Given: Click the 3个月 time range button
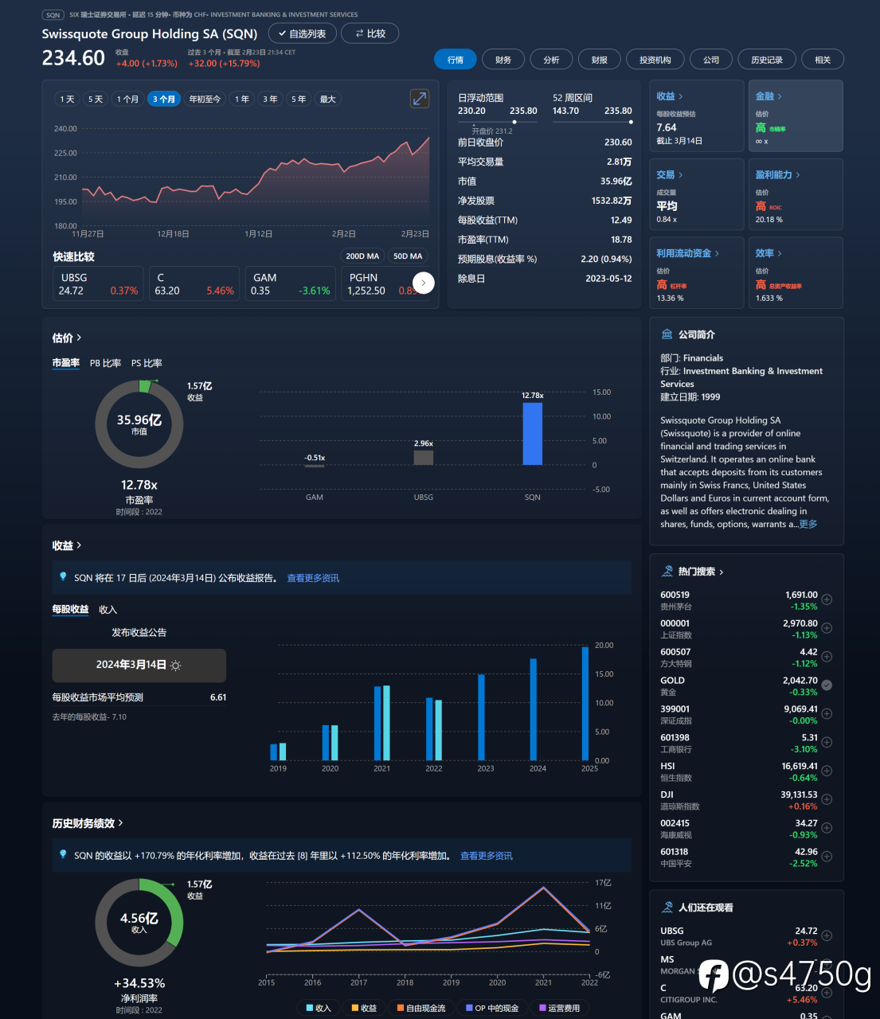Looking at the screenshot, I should point(164,100).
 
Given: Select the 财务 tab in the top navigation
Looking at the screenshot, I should point(503,60).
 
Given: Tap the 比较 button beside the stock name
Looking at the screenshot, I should point(370,33).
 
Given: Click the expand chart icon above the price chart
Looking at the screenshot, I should point(419,99).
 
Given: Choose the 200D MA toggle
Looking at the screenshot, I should point(362,256).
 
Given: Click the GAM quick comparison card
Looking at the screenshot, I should point(290,284).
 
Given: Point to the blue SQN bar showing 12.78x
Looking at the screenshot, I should point(532,433).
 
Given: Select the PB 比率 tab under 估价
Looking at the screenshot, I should point(105,363).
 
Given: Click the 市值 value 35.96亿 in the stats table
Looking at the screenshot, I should point(616,182).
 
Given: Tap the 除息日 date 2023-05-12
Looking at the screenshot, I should point(608,279).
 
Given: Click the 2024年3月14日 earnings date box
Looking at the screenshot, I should point(139,666).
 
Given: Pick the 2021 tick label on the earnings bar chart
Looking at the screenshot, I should point(382,768).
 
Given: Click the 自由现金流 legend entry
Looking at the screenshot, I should point(421,1008).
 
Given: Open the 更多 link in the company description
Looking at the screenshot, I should point(808,524).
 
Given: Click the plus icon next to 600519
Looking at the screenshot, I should point(827,599).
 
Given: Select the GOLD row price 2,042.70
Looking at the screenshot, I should point(800,681).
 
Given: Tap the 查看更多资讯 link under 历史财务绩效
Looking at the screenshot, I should point(486,856).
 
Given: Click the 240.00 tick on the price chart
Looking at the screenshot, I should point(65,129).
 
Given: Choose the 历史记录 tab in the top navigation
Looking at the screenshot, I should point(766,60).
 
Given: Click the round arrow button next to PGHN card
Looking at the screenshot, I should point(423,283).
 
